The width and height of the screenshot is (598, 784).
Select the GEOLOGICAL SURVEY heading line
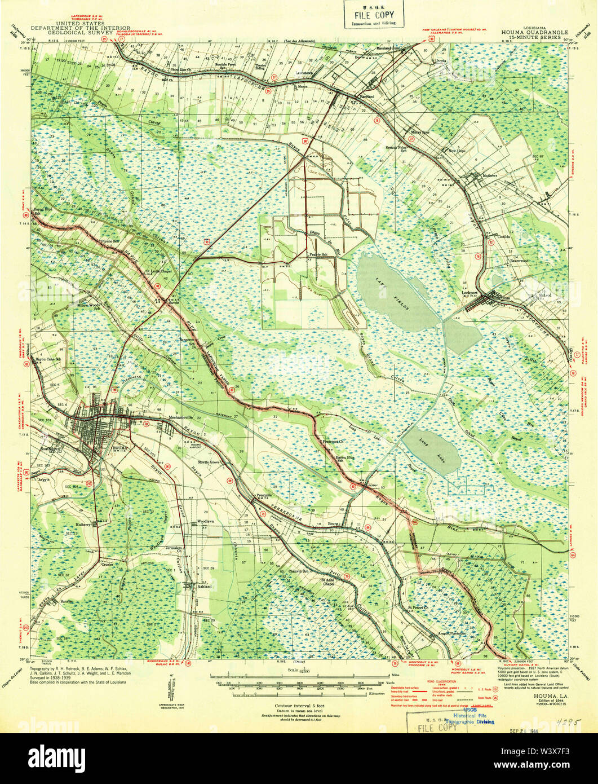click(68, 32)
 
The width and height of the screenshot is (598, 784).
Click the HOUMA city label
click(121, 447)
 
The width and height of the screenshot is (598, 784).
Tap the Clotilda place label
click(504, 236)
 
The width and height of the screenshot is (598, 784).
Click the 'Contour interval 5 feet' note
click(298, 706)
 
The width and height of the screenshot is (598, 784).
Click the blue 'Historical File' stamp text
click(473, 715)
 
